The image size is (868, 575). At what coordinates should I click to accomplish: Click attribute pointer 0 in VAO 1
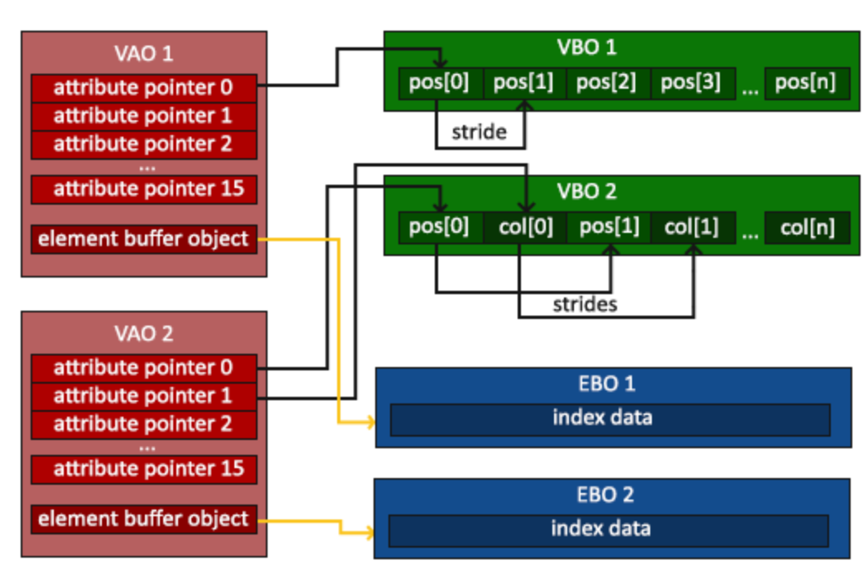144,88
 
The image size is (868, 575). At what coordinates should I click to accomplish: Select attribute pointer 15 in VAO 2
144,469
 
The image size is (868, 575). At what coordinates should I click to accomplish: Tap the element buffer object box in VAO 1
144,239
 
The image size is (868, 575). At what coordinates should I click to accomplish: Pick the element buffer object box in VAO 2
144,519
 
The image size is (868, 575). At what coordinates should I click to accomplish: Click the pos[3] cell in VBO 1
692,83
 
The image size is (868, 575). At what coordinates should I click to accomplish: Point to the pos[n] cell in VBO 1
807,83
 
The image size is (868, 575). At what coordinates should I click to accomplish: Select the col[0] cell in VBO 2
525,228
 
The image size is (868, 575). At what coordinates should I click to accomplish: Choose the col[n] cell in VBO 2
807,228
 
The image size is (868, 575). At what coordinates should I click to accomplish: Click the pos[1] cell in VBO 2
609,228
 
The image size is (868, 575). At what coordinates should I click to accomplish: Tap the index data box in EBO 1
610,419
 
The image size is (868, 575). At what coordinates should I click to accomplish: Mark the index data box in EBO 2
609,530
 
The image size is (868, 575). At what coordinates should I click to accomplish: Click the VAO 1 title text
144,54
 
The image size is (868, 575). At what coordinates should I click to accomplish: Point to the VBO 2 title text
586,191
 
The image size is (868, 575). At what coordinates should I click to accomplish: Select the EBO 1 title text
607,384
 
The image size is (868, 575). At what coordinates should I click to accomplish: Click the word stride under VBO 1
480,132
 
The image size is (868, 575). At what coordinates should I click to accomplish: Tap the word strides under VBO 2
585,304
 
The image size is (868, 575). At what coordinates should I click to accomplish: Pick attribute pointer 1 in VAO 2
144,396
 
